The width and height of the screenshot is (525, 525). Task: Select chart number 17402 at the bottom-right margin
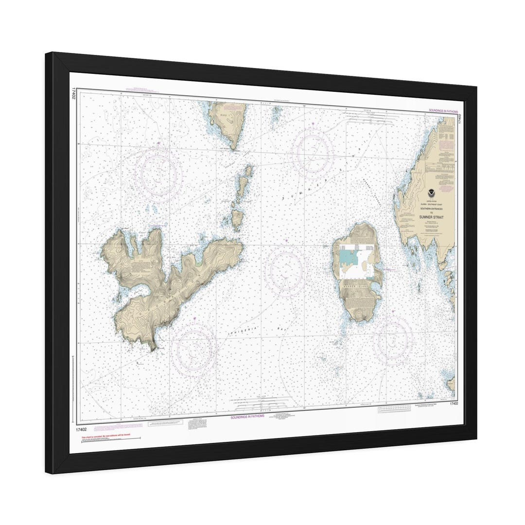point(454,403)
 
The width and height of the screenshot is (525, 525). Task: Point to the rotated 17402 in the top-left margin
point(73,94)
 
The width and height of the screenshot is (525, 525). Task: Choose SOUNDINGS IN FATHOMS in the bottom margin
point(247,417)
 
